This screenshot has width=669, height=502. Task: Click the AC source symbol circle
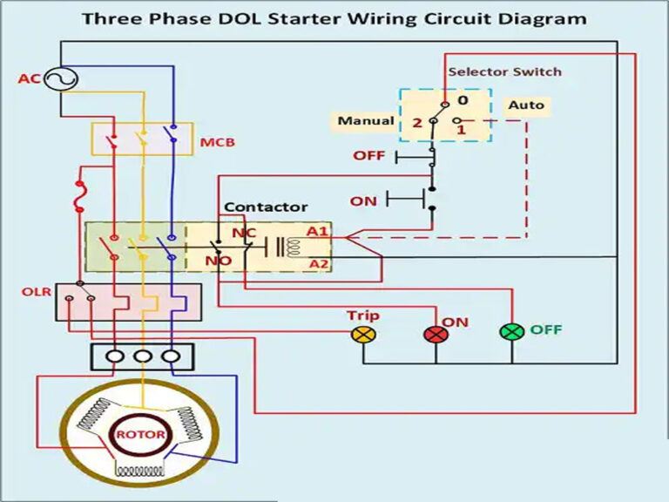click(61, 79)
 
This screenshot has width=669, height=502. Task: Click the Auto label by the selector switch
click(526, 105)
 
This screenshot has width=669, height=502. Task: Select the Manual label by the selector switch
click(366, 121)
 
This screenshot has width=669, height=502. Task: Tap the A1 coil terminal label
click(318, 232)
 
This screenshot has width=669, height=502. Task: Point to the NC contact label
click(243, 234)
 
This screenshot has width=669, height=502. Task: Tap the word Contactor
click(266, 207)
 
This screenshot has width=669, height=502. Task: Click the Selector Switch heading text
click(504, 71)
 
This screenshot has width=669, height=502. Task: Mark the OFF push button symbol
click(416, 157)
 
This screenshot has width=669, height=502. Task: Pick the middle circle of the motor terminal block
click(142, 356)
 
